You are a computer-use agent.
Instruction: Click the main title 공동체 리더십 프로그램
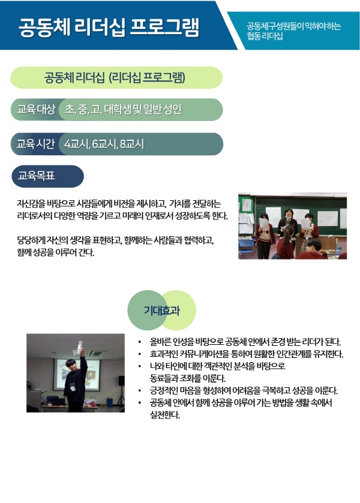[x=109, y=27]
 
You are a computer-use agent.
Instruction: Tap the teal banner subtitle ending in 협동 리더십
[x=293, y=31]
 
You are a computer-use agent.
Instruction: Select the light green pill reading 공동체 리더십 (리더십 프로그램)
[x=116, y=77]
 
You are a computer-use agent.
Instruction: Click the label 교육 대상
[x=36, y=109]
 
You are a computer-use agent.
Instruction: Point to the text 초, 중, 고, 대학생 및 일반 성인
[x=124, y=109]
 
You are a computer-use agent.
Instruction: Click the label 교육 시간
[x=35, y=144]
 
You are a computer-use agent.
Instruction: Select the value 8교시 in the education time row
[x=132, y=144]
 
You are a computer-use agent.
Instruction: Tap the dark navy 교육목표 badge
[x=47, y=176]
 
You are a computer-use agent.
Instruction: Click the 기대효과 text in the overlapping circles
[x=162, y=311]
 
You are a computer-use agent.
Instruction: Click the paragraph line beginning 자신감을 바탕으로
[x=119, y=204]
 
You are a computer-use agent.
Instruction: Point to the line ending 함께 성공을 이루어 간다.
[x=56, y=252]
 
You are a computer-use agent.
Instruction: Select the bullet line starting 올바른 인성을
[x=245, y=342]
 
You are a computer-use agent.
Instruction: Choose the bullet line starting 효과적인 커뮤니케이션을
[x=247, y=354]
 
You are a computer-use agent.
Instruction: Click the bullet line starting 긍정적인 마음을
[x=244, y=390]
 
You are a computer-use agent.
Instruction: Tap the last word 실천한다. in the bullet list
[x=165, y=415]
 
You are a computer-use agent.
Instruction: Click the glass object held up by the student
[x=79, y=348]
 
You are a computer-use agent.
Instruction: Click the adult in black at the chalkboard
[x=288, y=230]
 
